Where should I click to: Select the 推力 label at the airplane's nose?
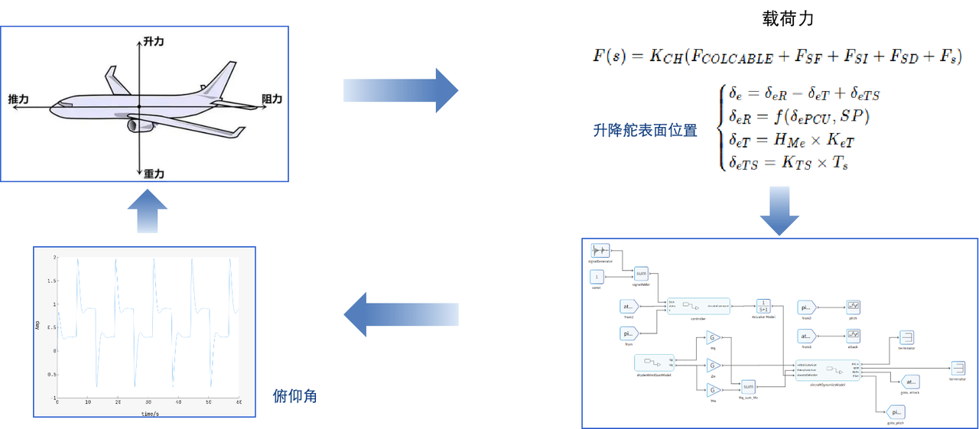(18, 99)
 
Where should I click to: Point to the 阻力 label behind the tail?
(272, 99)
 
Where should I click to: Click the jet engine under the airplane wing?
(140, 125)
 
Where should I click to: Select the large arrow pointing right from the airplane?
(401, 91)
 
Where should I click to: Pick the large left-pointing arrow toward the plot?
(401, 316)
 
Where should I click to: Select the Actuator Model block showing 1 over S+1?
(763, 305)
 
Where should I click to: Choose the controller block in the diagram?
(698, 305)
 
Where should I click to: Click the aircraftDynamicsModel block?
(828, 370)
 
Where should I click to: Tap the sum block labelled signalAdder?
(642, 273)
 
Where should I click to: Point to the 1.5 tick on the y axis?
(50, 281)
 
